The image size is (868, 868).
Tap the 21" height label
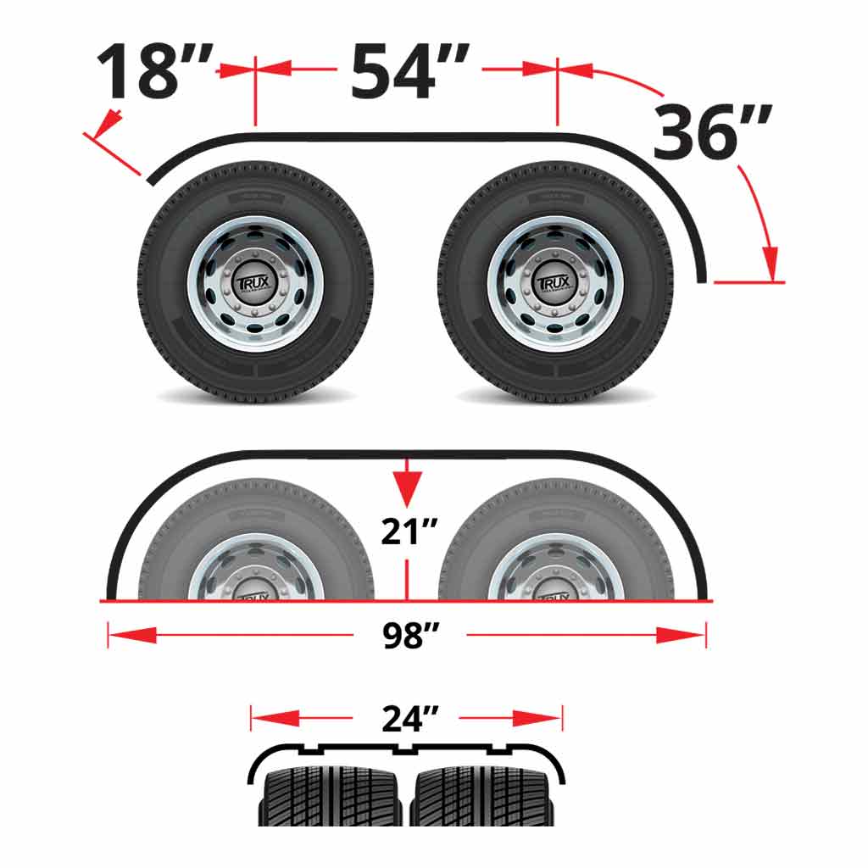[408, 533]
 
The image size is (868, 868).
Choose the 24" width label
[408, 719]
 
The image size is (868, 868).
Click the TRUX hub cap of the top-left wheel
[255, 284]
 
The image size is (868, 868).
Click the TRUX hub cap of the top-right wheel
[556, 284]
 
